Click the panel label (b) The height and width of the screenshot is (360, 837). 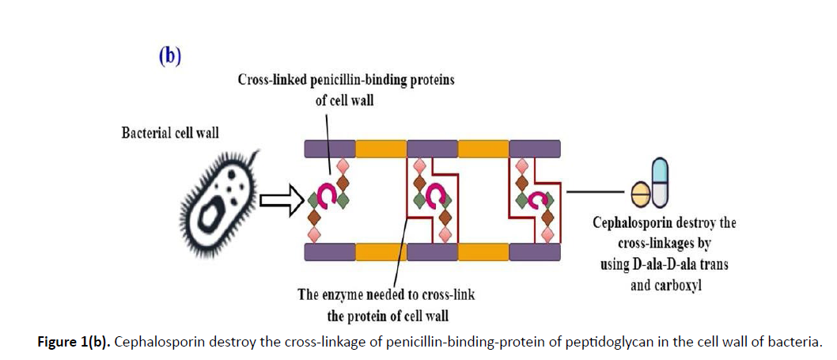tap(168, 56)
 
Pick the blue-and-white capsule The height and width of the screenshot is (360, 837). tap(660, 181)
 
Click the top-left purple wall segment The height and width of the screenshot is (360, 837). tap(329, 148)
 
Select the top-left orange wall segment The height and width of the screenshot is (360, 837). tap(381, 148)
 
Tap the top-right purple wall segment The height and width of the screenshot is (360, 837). tap(535, 148)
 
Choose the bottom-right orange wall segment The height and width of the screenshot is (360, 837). tap(483, 252)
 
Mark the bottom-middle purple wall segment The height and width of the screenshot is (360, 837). tap(432, 252)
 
